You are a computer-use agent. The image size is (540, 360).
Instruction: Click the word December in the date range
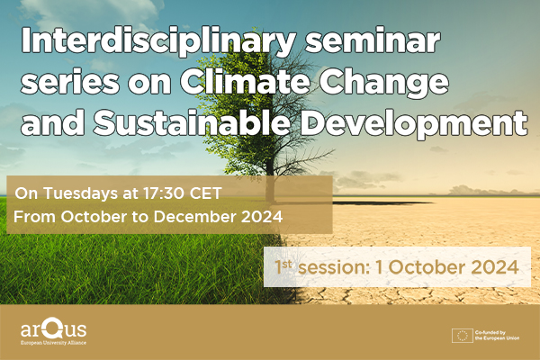click(193, 216)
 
